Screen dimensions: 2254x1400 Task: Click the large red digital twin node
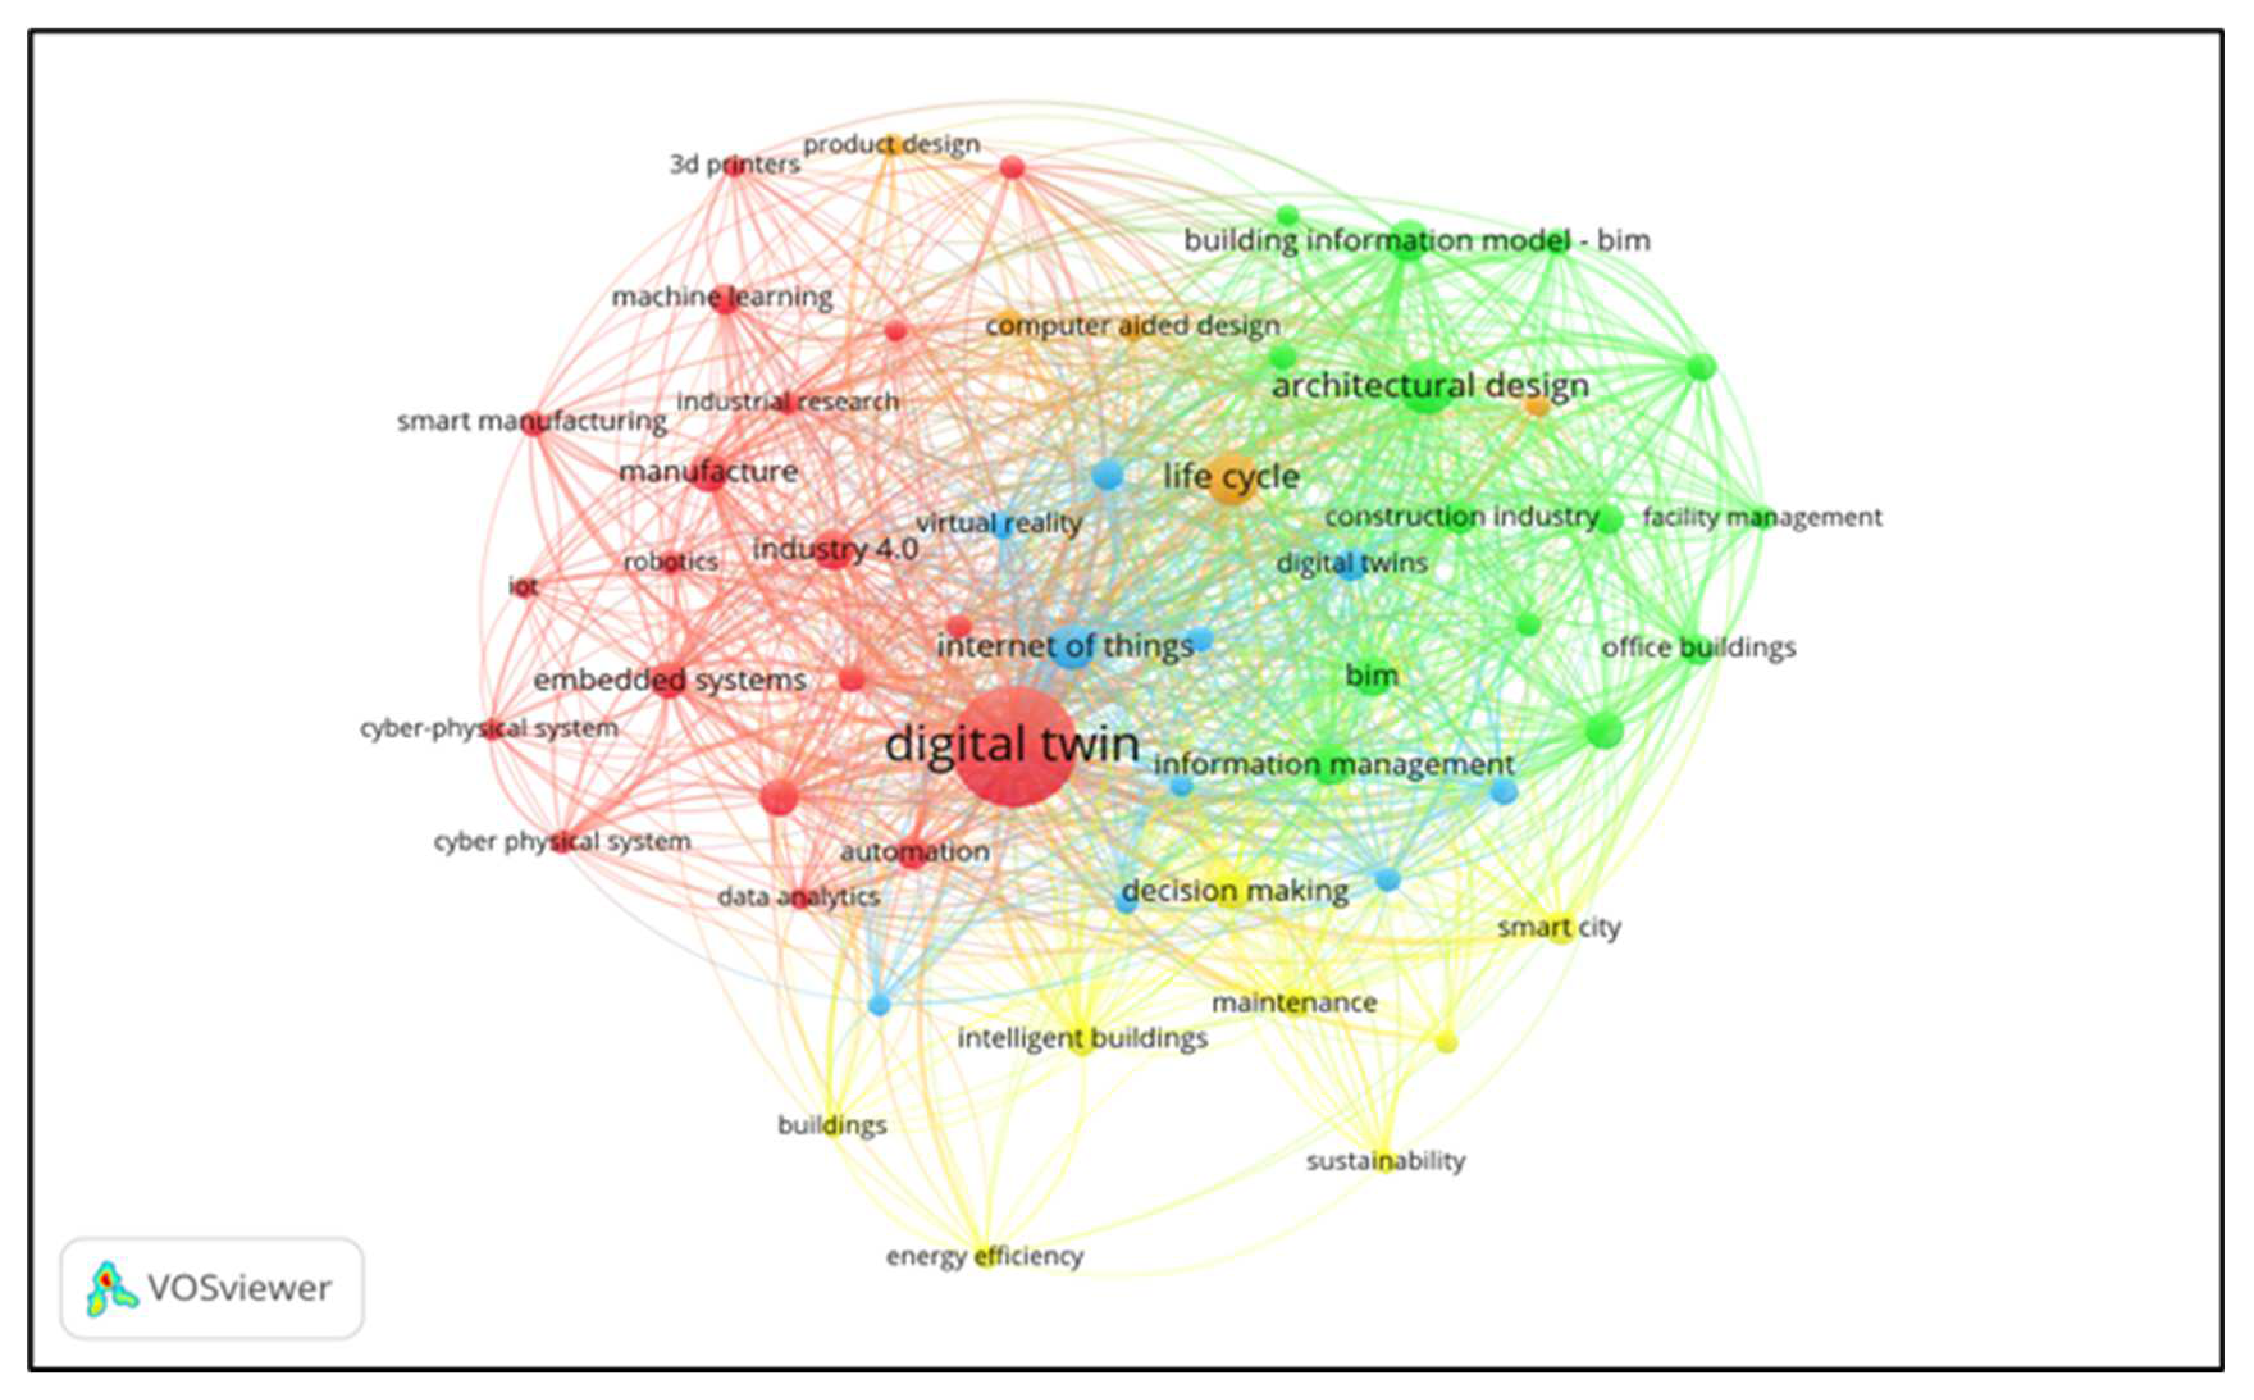1014,746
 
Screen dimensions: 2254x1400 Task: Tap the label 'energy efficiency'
985,1257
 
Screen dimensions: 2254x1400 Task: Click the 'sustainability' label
1386,1160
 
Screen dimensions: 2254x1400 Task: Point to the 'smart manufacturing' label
531,421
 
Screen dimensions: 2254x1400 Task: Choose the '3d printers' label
734,164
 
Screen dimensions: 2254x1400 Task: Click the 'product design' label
891,145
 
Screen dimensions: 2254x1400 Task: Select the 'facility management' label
1762,517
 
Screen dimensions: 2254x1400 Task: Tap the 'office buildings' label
1699,647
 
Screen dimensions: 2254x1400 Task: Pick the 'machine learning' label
722,297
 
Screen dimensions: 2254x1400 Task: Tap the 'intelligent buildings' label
1082,1038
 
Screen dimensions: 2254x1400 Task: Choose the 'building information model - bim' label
1416,241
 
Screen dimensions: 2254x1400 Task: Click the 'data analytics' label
799,897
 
